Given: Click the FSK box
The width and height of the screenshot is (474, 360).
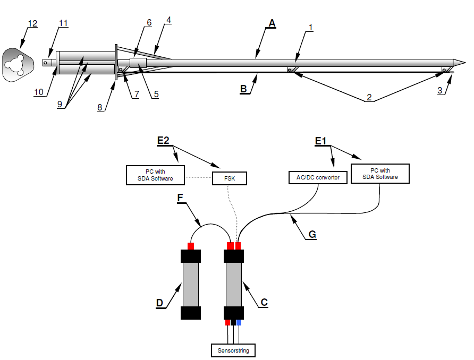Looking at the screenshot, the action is [x=230, y=178].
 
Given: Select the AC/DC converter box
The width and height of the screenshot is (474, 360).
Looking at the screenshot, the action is [x=318, y=177].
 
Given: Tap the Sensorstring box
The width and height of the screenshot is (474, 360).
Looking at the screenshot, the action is [x=233, y=350].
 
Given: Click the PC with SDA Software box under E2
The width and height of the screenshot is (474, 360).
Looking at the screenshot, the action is [x=155, y=175].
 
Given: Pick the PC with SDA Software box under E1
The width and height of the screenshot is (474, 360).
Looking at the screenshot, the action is [x=380, y=174].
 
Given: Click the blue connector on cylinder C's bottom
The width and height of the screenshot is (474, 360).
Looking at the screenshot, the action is [x=239, y=322].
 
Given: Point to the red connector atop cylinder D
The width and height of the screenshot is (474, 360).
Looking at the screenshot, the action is [x=191, y=246].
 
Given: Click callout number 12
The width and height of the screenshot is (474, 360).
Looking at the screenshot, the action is [x=32, y=23].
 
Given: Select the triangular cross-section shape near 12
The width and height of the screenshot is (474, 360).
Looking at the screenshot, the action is [x=18, y=65].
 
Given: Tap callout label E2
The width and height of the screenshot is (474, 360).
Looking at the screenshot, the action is [x=163, y=140].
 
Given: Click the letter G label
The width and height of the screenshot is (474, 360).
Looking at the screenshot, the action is [x=312, y=234].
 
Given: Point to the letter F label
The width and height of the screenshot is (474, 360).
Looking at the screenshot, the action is [x=180, y=198].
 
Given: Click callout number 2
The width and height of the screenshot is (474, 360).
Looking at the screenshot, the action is [x=369, y=97].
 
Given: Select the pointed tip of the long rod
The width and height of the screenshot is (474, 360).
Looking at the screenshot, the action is [x=465, y=63].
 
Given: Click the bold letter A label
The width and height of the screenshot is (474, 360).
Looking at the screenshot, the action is [x=272, y=23].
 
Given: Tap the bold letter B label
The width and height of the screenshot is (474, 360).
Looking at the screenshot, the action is [x=243, y=89].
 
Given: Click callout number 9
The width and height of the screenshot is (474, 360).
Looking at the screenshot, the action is [x=60, y=104].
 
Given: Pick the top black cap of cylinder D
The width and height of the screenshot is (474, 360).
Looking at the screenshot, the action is [x=191, y=256].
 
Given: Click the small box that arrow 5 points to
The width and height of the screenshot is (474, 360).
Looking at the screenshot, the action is [x=138, y=63].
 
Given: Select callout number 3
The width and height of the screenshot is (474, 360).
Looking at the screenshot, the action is [x=440, y=90].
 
